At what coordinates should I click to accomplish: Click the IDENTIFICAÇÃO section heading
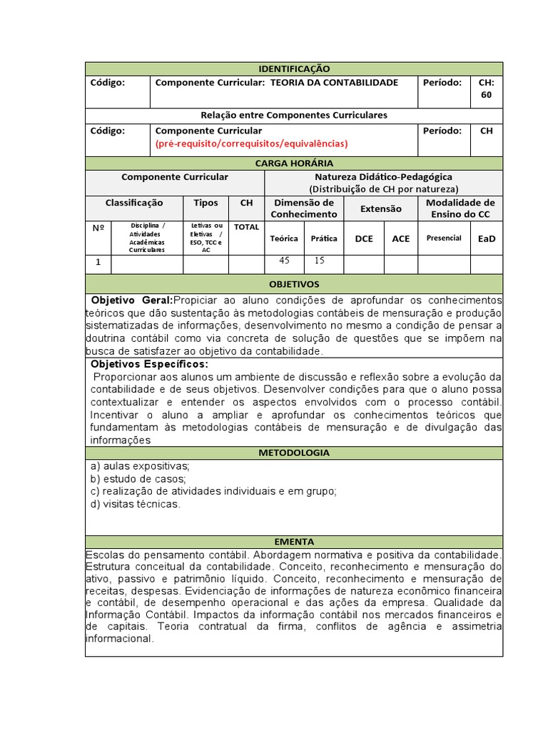tap(293, 69)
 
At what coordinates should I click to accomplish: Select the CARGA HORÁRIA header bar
tap(293, 163)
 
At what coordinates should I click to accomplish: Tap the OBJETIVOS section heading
tap(293, 284)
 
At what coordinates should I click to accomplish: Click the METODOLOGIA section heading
tap(293, 453)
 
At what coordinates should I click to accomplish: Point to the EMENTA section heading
tap(293, 542)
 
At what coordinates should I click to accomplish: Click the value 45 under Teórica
tap(283, 261)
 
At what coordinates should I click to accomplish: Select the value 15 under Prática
tap(319, 261)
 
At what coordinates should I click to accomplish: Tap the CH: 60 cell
tap(486, 89)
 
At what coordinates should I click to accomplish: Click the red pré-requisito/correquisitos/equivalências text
tap(251, 143)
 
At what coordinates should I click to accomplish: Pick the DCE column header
tap(364, 238)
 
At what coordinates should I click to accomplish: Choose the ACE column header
tap(401, 238)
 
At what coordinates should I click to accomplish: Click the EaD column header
tap(486, 238)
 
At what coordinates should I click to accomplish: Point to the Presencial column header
tap(443, 238)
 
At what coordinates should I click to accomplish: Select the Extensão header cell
tap(380, 209)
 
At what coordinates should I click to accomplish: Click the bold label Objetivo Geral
tap(132, 300)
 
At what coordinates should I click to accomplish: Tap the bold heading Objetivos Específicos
tap(149, 364)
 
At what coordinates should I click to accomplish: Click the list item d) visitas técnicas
tap(136, 504)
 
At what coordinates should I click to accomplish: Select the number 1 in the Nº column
tap(98, 263)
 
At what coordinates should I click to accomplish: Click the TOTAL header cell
tap(246, 226)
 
